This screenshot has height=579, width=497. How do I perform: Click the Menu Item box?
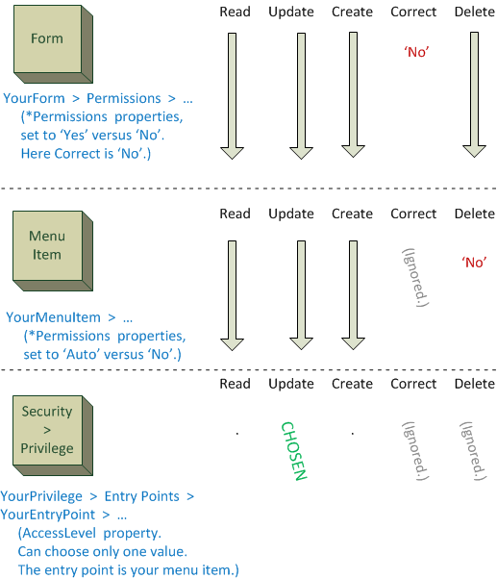click(45, 248)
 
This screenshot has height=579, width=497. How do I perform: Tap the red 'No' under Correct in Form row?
click(416, 52)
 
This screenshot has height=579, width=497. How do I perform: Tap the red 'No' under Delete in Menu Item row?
click(474, 262)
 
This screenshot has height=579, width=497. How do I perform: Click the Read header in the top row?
click(235, 12)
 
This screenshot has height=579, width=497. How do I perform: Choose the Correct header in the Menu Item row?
click(413, 214)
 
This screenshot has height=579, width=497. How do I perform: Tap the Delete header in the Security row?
click(473, 384)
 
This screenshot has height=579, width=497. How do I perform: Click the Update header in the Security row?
click(291, 384)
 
